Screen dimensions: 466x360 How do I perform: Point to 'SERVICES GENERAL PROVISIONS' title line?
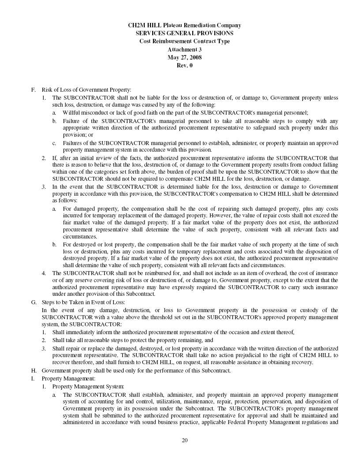point(184,33)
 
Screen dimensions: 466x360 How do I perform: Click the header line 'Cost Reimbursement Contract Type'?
point(184,41)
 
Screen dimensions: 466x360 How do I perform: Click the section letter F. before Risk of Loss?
point(34,90)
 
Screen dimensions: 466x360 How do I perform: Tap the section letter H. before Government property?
point(34,370)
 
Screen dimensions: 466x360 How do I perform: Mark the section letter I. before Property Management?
point(33,378)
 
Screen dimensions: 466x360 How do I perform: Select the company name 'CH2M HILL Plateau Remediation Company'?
point(184,25)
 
